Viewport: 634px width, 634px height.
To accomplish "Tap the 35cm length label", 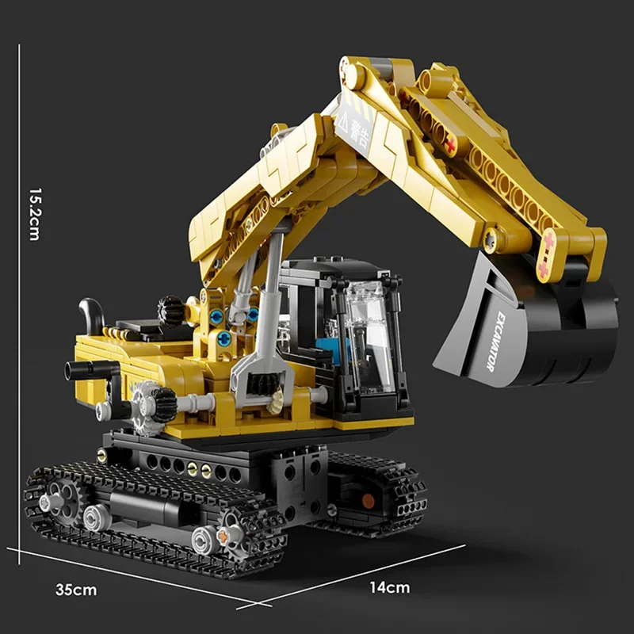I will pos(77,590).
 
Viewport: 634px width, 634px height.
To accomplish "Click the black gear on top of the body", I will pos(170,311).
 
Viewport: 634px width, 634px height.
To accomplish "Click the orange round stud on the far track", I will pos(368,500).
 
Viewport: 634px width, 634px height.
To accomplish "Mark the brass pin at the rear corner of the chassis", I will pos(102,454).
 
